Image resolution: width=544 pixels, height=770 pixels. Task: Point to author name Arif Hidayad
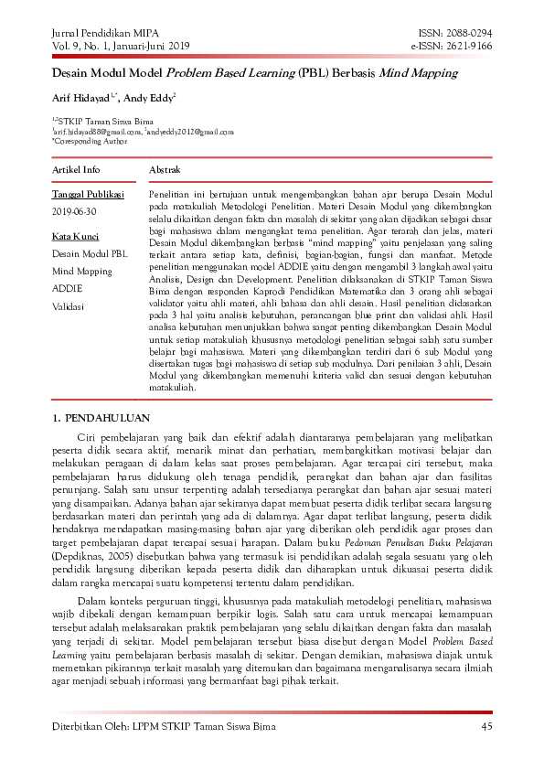(84, 97)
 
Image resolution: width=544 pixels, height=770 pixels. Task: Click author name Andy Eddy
(150, 97)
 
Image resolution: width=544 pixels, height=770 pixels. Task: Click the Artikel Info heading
(76, 170)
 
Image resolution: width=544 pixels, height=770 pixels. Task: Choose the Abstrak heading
(165, 170)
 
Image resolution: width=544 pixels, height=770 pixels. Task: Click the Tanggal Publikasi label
(88, 195)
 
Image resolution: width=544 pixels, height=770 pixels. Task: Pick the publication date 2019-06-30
(74, 211)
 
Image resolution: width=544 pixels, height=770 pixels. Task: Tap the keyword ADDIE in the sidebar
(67, 288)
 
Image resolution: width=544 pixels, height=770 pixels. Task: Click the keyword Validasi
(69, 305)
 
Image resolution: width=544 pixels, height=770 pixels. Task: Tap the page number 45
(486, 727)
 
